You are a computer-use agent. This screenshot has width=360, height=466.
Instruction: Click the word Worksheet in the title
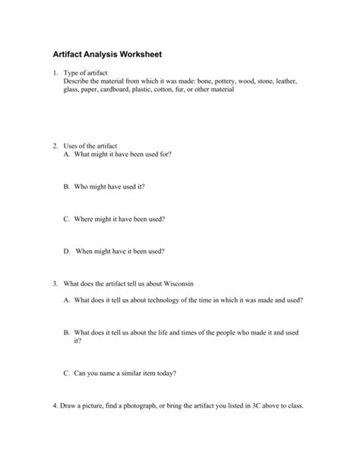tap(135, 55)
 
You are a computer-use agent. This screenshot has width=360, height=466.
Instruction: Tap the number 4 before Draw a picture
tap(55, 405)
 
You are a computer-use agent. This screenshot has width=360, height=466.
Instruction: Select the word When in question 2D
tap(84, 251)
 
